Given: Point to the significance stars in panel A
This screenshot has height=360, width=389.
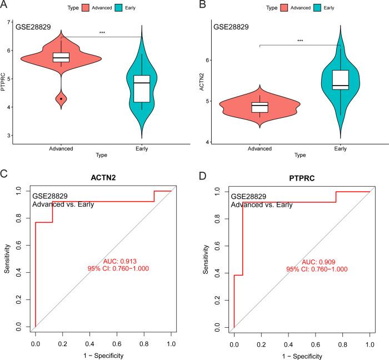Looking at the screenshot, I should point(102,33).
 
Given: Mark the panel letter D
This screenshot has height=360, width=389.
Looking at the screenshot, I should point(203,177).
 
